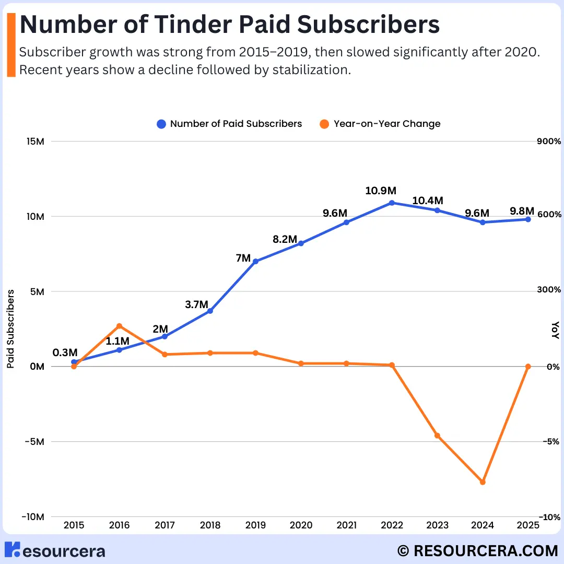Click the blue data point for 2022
pyautogui.click(x=392, y=203)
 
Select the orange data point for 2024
pyautogui.click(x=483, y=482)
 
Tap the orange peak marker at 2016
pyautogui.click(x=119, y=326)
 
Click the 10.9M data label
pyautogui.click(x=381, y=191)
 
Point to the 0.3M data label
pyautogui.click(x=65, y=352)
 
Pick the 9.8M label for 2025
pyautogui.click(x=522, y=211)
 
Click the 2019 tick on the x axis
pyautogui.click(x=255, y=525)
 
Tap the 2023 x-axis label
pyautogui.click(x=437, y=525)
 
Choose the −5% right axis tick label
pyautogui.click(x=549, y=442)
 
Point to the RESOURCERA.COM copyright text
pyautogui.click(x=477, y=551)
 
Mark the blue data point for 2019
pyautogui.click(x=255, y=261)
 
